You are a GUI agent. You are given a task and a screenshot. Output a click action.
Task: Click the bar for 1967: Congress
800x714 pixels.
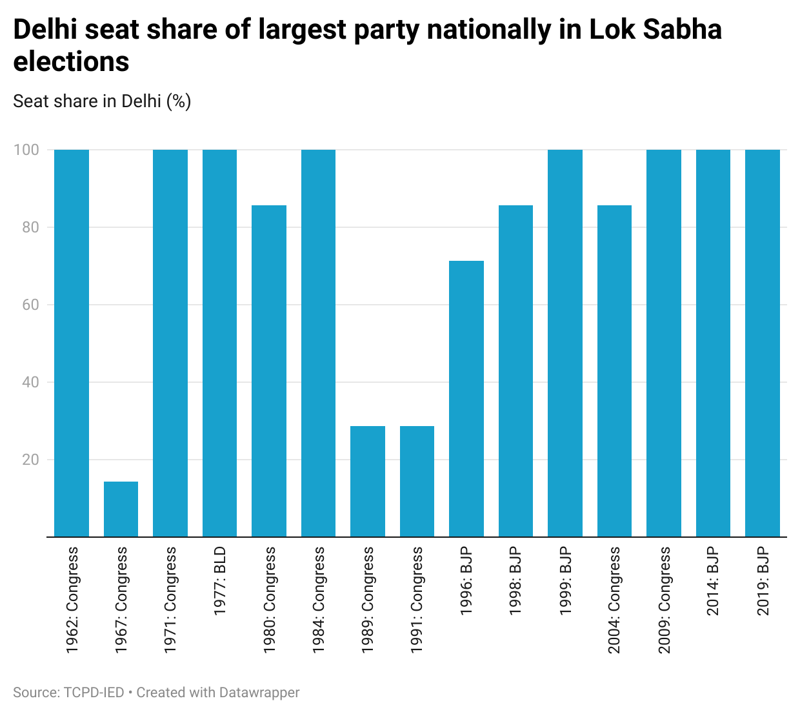click(121, 509)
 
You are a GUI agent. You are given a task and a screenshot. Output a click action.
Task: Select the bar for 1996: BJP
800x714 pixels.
click(466, 399)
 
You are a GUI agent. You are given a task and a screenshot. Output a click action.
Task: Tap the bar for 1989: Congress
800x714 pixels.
click(368, 481)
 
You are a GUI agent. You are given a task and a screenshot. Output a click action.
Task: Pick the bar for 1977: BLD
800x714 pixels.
click(219, 343)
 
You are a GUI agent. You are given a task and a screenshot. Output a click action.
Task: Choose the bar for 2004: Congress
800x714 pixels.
click(614, 371)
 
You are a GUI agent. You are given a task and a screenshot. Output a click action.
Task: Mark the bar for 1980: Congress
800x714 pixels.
click(269, 371)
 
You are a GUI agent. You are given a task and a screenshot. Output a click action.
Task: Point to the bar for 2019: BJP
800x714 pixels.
click(763, 343)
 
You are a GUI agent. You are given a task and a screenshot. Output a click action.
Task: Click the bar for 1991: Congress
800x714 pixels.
click(417, 481)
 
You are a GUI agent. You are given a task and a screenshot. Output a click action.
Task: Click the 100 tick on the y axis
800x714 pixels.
click(26, 150)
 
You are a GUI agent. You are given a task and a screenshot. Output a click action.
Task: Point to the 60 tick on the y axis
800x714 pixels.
click(31, 305)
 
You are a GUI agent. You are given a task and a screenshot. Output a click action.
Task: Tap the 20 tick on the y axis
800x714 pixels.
click(31, 460)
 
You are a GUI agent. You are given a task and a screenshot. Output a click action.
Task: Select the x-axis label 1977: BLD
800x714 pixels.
click(219, 581)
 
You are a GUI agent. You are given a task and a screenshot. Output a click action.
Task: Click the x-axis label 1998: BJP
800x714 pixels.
click(515, 581)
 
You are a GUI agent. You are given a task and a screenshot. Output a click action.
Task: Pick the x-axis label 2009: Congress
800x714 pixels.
click(664, 600)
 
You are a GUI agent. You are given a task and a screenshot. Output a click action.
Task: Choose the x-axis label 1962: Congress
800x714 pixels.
click(72, 600)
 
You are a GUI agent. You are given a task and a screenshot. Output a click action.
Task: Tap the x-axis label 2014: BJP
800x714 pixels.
click(713, 581)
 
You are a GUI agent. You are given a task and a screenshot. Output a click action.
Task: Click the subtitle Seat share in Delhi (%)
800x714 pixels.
click(102, 101)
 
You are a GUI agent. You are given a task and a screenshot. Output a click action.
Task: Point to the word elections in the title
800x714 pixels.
click(71, 62)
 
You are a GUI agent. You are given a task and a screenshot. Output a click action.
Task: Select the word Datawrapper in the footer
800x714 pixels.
click(259, 693)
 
